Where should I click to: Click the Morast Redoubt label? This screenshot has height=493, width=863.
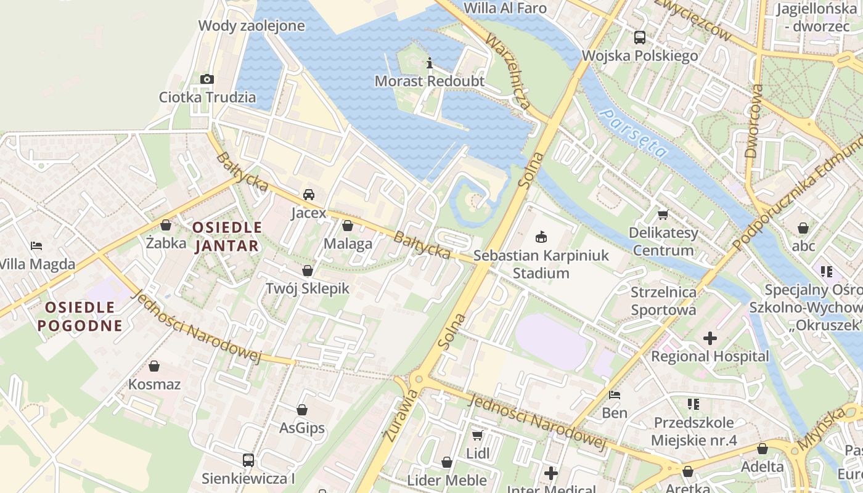pyautogui.click(x=430, y=81)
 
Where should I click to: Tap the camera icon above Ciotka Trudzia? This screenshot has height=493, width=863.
pyautogui.click(x=207, y=79)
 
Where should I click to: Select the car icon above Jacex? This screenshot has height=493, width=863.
pyautogui.click(x=309, y=195)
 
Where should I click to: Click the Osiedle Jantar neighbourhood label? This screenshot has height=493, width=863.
pyautogui.click(x=227, y=237)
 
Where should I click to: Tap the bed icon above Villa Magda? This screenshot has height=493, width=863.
pyautogui.click(x=36, y=246)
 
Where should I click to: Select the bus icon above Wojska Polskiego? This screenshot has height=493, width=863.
pyautogui.click(x=640, y=38)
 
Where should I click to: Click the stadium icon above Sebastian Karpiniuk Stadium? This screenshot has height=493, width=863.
pyautogui.click(x=541, y=237)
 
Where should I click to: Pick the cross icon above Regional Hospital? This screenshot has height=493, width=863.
pyautogui.click(x=710, y=338)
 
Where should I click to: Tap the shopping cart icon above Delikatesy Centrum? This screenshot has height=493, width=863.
pyautogui.click(x=663, y=214)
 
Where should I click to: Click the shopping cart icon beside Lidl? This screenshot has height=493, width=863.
pyautogui.click(x=477, y=436)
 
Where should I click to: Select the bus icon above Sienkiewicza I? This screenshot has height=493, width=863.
pyautogui.click(x=248, y=460)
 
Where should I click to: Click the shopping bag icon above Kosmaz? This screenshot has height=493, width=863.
pyautogui.click(x=154, y=366)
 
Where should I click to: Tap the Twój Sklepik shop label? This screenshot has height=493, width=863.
pyautogui.click(x=307, y=288)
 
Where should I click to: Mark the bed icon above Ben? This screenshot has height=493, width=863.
pyautogui.click(x=614, y=394)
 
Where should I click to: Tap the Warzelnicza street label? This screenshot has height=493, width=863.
pyautogui.click(x=508, y=71)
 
